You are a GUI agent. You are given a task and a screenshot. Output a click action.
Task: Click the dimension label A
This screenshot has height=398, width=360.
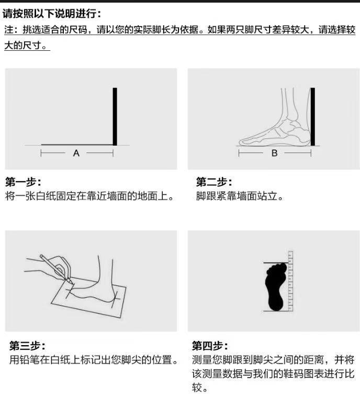point(76,153)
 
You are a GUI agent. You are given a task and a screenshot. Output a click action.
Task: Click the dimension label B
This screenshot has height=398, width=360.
point(274,153)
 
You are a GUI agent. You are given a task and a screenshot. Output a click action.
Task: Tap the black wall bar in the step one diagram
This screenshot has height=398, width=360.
point(115,116)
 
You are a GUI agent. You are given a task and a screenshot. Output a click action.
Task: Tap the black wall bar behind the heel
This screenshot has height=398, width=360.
point(312,116)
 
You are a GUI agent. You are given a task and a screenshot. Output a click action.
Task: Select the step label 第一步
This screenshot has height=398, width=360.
point(23,182)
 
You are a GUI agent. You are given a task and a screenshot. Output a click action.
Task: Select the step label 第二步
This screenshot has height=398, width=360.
point(214,182)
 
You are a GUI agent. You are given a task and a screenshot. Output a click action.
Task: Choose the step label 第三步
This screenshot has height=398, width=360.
point(27,346)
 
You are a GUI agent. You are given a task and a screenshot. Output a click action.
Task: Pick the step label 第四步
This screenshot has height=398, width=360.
point(210,346)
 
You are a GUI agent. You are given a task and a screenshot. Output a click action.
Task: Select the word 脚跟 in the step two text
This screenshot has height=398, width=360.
point(206,197)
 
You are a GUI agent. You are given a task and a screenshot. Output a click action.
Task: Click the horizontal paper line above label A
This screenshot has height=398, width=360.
point(76,145)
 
